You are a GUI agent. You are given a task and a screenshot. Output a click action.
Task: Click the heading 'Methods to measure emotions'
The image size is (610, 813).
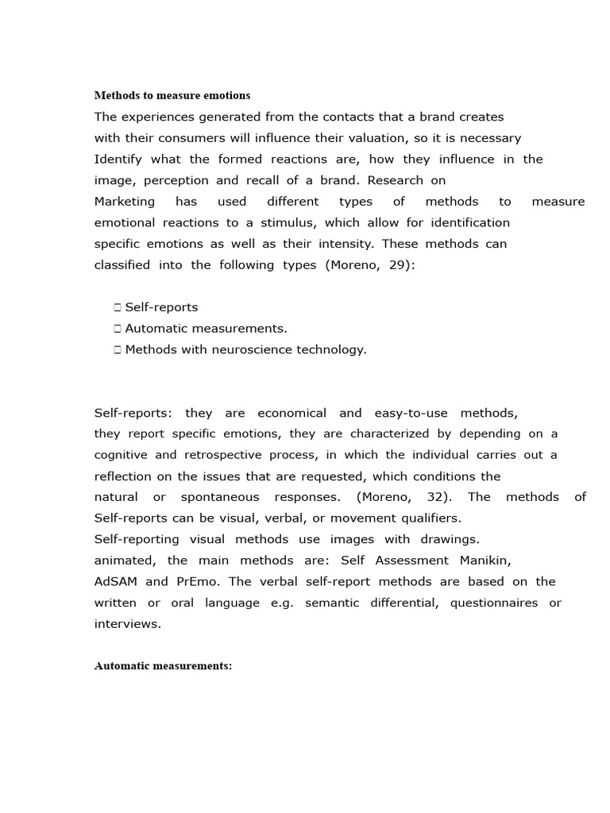[172, 95]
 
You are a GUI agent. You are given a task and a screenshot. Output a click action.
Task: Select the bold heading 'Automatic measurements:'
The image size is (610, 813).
[163, 666]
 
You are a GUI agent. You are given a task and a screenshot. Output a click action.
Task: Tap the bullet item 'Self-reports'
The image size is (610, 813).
[161, 307]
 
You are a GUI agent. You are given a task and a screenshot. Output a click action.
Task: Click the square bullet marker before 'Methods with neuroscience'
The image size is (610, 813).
[117, 349]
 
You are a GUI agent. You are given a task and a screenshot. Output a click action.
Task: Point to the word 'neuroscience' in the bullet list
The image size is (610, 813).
[245, 349]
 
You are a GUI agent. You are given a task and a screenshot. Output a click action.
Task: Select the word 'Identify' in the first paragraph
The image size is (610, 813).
[118, 159]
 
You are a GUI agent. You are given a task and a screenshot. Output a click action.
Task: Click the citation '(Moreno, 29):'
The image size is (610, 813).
[370, 265]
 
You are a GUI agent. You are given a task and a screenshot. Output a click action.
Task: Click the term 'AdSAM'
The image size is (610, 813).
[115, 582]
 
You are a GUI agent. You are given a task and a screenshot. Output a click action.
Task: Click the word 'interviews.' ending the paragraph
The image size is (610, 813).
[127, 624]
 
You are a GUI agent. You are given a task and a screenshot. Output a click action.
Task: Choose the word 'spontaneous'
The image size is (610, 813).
[220, 497]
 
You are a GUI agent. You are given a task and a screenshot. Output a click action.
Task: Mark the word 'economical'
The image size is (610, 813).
[292, 413]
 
